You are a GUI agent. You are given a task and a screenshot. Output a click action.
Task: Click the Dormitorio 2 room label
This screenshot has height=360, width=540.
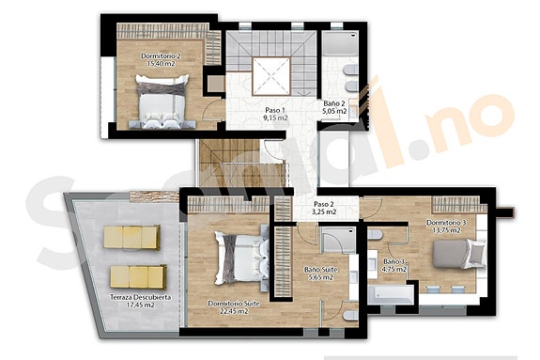[161, 56]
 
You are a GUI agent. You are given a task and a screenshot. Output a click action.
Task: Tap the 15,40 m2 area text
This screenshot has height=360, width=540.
[161, 65]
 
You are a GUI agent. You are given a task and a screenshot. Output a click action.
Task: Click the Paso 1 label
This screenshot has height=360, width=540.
[274, 110]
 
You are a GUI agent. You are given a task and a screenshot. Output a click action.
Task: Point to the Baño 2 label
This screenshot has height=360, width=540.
[335, 103]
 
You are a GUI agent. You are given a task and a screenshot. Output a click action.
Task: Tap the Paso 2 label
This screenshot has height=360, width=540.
[324, 204]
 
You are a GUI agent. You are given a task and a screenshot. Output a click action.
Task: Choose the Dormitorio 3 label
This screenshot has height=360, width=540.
[445, 222]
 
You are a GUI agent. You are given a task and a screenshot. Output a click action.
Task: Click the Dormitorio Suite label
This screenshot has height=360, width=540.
[233, 304]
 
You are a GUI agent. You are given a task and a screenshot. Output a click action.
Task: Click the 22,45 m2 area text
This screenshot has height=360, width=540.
[232, 312]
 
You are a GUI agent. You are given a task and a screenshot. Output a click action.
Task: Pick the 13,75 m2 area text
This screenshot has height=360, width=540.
[445, 230]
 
